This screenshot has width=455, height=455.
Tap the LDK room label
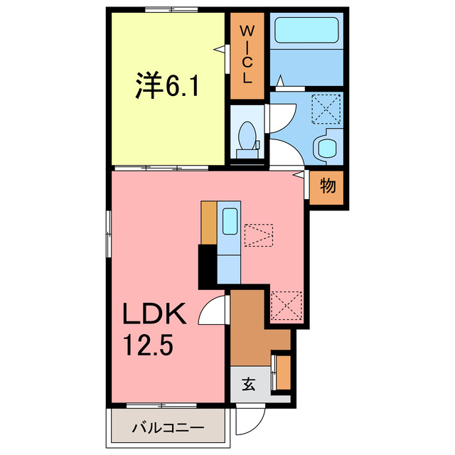coord(156,314)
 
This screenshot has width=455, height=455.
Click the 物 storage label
coord(327,187)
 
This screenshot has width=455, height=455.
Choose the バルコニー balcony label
coord(168,429)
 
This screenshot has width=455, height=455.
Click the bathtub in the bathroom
coord(307,30)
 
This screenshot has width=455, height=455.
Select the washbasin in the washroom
coord(326,146)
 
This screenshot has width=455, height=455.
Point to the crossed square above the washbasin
coord(327,109)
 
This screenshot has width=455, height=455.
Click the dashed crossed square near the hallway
coord(287,304)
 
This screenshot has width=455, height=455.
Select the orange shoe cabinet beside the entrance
coord(284,371)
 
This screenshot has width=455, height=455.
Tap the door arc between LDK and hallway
coord(213,311)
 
